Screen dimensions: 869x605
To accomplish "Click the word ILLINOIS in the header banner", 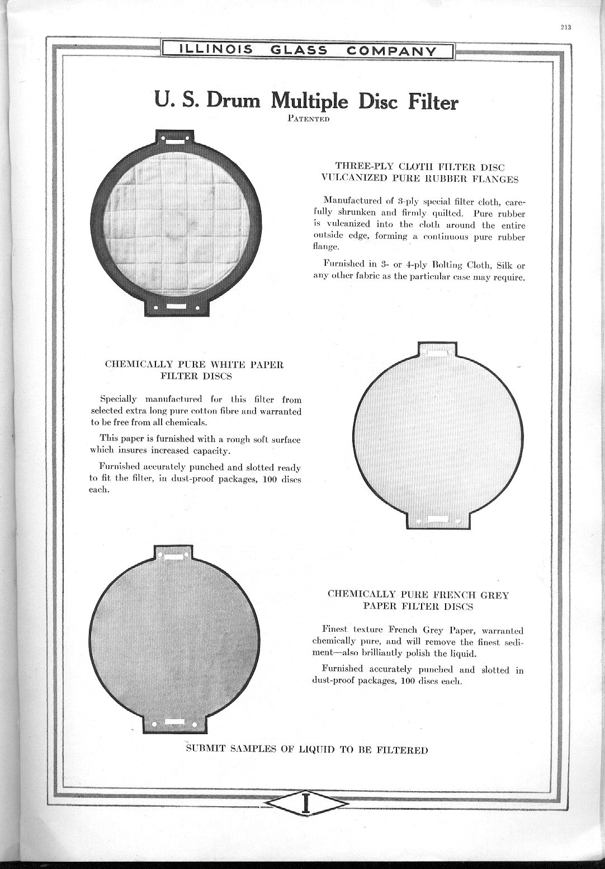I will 215,50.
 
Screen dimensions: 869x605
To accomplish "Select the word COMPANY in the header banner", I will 391,51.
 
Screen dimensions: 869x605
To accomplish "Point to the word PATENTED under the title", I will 307,119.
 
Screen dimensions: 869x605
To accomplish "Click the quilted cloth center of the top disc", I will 176,223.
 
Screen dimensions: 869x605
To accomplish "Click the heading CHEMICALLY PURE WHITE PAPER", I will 194,364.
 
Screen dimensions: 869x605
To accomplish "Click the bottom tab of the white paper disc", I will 438,520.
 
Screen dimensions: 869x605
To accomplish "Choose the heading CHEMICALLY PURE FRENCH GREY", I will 418,594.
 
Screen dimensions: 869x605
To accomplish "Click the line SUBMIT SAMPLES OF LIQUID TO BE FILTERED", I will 307,750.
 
